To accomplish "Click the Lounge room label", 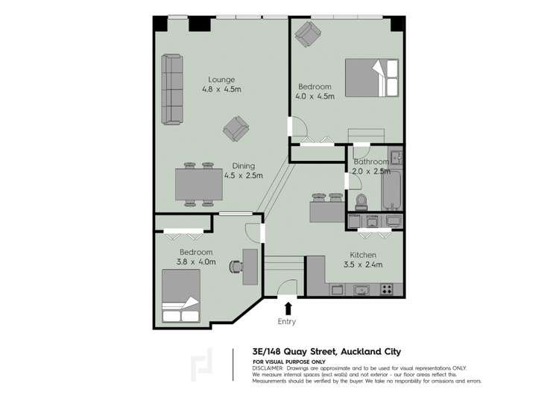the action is tap(221, 80).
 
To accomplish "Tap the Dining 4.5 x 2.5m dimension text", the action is tap(244, 175).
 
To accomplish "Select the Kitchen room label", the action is tap(363, 255).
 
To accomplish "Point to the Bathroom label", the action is tap(371, 162).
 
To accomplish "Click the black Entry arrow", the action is tap(288, 309).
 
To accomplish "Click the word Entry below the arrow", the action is tap(287, 321).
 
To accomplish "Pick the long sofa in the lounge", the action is tap(172, 89).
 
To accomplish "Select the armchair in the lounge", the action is tap(236, 129).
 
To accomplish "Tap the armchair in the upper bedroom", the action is tap(308, 34).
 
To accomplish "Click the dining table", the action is tap(199, 184).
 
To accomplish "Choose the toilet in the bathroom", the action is tap(361, 202).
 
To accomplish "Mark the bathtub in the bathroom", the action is tap(391, 191).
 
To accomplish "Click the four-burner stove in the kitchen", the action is tap(386, 289).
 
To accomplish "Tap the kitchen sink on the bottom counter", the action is tap(361, 290).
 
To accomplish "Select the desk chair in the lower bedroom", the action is tap(236, 266).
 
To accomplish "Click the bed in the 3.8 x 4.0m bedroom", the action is tap(181, 296).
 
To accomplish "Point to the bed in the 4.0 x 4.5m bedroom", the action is tap(371, 78).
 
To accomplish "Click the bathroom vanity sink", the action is tap(396, 157).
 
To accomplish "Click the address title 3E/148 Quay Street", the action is tap(294, 352).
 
